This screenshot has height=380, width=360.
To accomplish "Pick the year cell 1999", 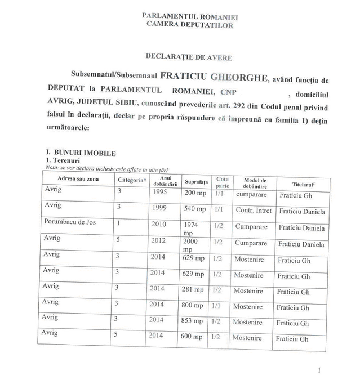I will pos(159,208).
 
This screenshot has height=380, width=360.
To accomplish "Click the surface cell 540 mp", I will pos(194,209).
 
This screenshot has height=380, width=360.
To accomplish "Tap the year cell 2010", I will pos(159,223).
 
